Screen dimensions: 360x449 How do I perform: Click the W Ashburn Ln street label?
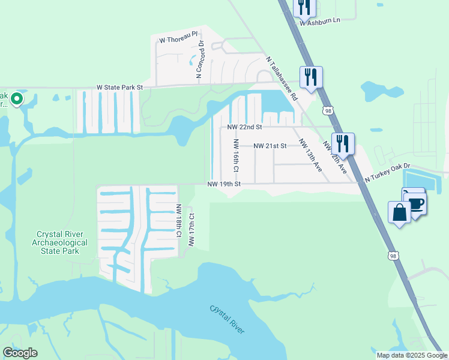click(x=319, y=21)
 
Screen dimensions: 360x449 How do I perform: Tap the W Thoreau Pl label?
click(x=178, y=39)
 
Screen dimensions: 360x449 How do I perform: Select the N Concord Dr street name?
click(x=199, y=60)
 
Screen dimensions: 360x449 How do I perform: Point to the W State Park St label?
click(x=120, y=88)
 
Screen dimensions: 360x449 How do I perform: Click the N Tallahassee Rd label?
click(x=282, y=77)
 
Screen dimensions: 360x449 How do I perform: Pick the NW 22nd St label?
click(x=245, y=127)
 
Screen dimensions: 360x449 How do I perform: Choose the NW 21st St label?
click(x=270, y=146)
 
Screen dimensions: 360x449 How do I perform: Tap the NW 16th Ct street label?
click(x=236, y=155)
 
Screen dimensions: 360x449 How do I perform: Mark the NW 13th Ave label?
click(x=310, y=156)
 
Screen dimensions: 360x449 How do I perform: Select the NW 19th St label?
click(x=224, y=184)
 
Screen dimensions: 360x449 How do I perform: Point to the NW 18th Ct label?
click(x=178, y=221)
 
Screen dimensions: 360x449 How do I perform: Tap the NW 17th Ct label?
click(x=191, y=230)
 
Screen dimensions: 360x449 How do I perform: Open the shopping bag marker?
click(x=399, y=212)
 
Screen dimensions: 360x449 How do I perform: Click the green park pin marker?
click(x=17, y=98)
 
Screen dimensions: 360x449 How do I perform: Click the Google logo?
click(x=20, y=353)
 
